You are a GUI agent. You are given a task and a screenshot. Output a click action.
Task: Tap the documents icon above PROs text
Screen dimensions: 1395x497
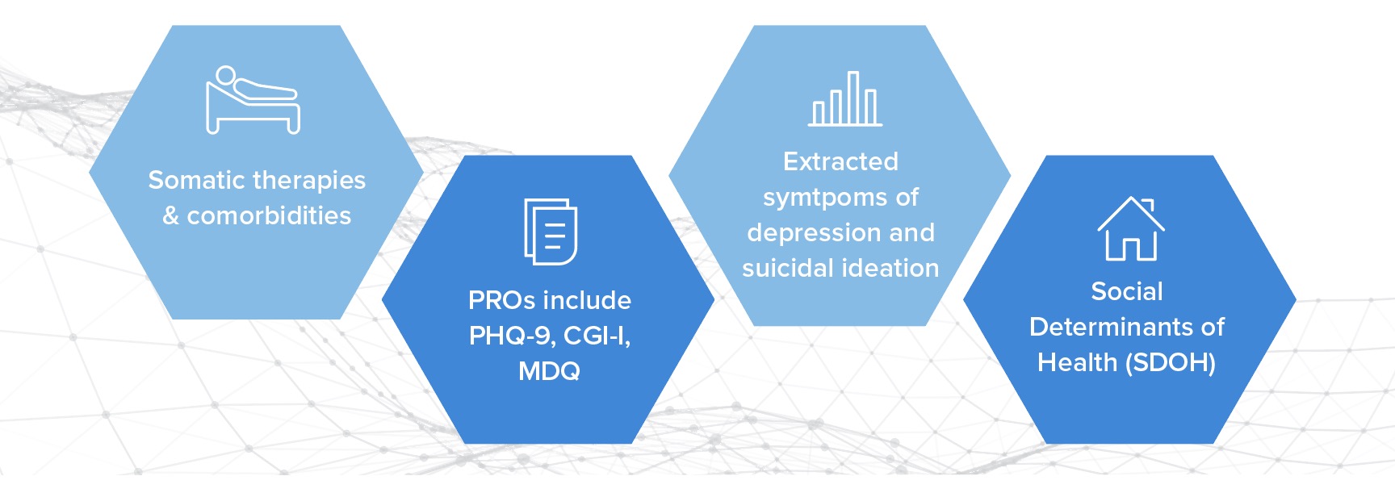click(551, 232)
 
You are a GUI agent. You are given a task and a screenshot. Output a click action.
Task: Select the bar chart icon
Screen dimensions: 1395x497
click(845, 98)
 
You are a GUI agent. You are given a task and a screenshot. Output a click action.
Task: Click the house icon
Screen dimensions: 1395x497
click(1131, 228)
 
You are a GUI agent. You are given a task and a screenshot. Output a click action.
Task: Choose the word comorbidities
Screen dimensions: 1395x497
click(269, 215)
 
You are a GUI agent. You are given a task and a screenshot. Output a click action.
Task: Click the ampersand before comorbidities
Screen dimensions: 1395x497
click(171, 215)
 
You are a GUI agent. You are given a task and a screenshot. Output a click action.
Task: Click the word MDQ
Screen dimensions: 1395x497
click(549, 371)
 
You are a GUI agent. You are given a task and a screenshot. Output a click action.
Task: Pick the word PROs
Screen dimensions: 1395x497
click(500, 300)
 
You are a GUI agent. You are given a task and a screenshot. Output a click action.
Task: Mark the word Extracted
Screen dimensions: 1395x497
click(840, 161)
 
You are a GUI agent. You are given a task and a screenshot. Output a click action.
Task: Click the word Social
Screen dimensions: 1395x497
click(1127, 291)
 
